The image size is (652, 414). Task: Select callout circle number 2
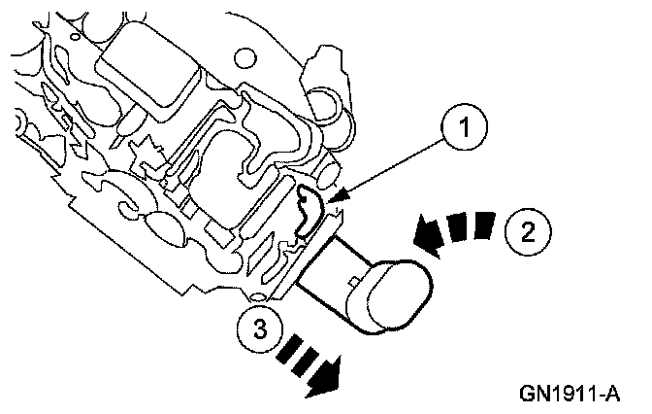(527, 232)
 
